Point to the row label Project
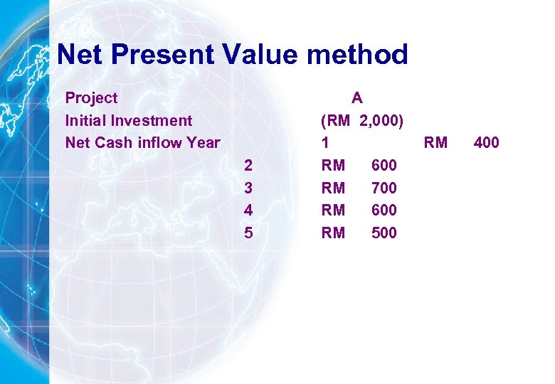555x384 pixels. (x=91, y=97)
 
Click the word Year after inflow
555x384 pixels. (x=203, y=142)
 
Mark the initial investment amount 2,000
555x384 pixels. (x=382, y=120)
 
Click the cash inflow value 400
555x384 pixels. (x=486, y=142)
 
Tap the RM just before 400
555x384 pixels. (x=435, y=142)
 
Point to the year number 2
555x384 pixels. (x=248, y=166)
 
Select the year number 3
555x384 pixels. (x=248, y=188)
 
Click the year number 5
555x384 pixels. (x=248, y=233)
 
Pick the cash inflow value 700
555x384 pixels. (x=384, y=188)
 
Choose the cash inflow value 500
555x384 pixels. (x=384, y=233)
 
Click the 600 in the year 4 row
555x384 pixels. (x=384, y=210)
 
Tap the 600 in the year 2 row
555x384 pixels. (x=384, y=166)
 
